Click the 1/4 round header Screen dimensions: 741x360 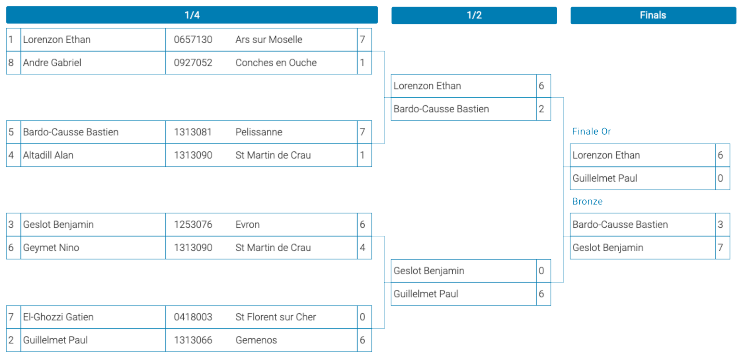(192, 15)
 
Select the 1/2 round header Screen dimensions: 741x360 (474, 15)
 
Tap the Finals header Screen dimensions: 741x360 (653, 15)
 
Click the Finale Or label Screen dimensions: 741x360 (591, 132)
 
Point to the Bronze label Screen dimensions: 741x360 (587, 201)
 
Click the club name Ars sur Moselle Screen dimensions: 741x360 (269, 39)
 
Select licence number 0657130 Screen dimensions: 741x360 (193, 39)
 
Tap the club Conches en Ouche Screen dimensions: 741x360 (276, 63)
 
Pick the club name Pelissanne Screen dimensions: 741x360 (259, 132)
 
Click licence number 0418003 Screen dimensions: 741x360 (193, 317)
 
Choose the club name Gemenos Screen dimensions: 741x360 (256, 340)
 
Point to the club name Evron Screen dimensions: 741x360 (247, 225)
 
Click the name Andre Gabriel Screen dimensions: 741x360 (52, 63)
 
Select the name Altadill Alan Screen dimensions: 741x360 (48, 155)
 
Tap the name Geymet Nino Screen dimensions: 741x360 (51, 248)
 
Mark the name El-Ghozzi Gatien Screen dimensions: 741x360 (58, 317)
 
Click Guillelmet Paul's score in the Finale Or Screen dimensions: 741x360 (720, 178)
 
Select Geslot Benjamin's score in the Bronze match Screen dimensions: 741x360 (720, 248)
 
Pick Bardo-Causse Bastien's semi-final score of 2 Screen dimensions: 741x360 (541, 109)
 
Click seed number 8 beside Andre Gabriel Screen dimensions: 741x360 (11, 63)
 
